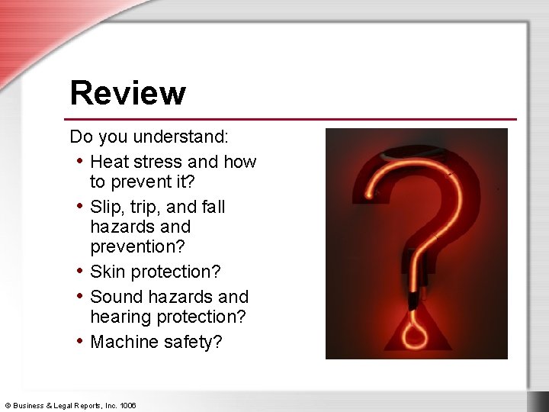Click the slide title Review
point(127,93)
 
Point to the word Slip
point(105,207)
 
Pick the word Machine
point(124,342)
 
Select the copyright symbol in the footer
point(8,406)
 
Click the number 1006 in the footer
point(127,406)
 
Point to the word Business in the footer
point(29,406)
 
